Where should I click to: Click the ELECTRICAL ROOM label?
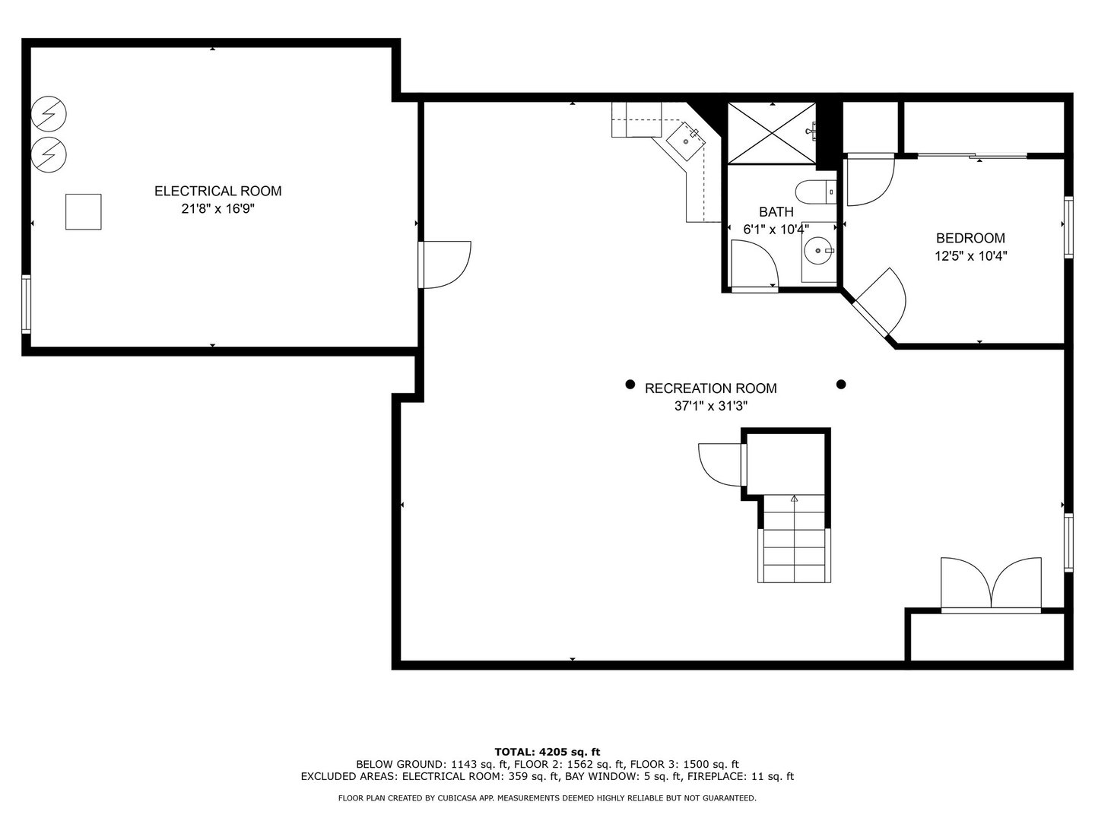[x=217, y=191]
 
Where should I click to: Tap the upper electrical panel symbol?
[x=49, y=115]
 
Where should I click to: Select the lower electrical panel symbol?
[x=49, y=154]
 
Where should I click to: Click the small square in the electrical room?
[x=83, y=212]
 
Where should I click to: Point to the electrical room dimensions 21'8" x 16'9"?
[x=217, y=208]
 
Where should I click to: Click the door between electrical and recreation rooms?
[x=445, y=265]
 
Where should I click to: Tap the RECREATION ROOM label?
[x=710, y=388]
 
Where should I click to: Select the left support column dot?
[x=630, y=385]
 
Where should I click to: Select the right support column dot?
[x=841, y=385]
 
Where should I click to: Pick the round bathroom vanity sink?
[x=818, y=249]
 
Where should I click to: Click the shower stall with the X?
[x=772, y=132]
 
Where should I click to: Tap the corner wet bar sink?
[x=685, y=141]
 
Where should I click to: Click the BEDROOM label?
[x=970, y=238]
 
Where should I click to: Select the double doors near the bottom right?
[x=990, y=585]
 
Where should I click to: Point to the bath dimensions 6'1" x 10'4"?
[x=776, y=229]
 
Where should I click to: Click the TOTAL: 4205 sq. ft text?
[x=547, y=752]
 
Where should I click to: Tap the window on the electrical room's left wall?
[x=26, y=304]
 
